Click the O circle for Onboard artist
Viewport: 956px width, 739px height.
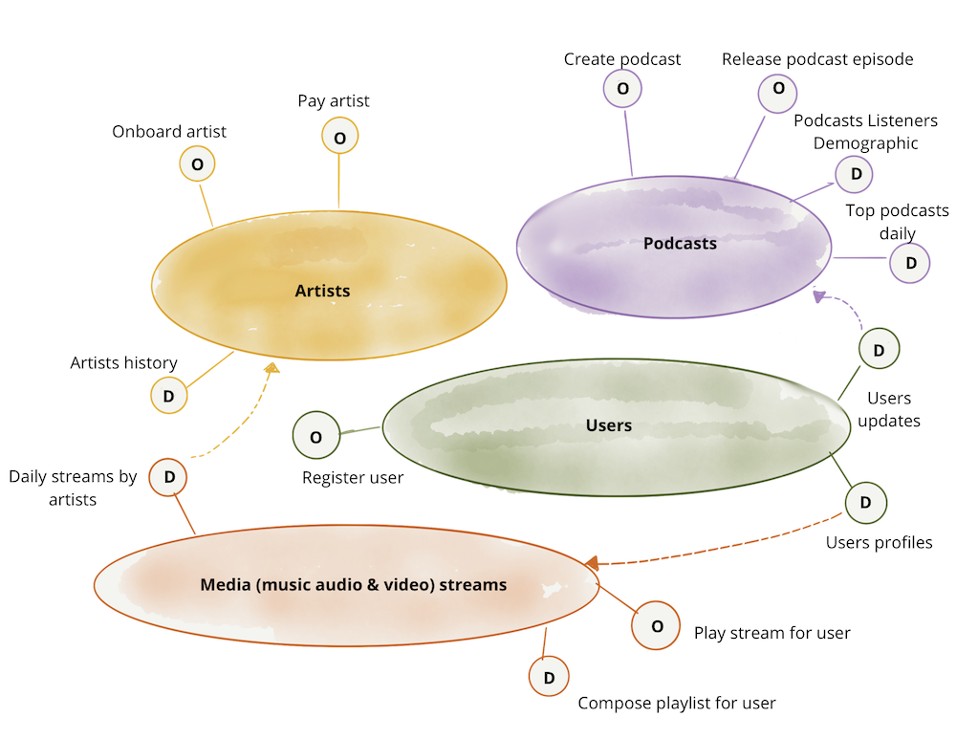pos(197,164)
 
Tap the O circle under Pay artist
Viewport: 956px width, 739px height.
pos(339,137)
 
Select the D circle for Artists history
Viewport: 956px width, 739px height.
pos(169,396)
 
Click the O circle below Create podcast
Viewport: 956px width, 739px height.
pos(622,89)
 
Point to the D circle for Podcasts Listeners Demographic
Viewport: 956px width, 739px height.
pos(855,174)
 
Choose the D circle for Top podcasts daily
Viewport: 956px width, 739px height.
pos(910,263)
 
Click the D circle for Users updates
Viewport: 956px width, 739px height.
pos(880,348)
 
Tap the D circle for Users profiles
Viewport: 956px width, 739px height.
pos(866,503)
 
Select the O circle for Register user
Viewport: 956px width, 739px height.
pos(315,438)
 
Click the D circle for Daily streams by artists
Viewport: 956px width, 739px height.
pos(169,477)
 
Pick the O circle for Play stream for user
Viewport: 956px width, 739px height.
pos(656,626)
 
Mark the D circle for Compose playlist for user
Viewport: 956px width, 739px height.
pos(549,678)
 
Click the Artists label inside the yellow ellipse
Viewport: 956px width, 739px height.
pos(322,291)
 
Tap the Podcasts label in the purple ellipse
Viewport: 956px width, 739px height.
pos(680,244)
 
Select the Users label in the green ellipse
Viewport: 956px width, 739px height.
pos(609,425)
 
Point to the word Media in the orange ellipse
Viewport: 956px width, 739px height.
pos(226,584)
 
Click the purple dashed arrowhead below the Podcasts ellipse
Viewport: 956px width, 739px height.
pos(818,296)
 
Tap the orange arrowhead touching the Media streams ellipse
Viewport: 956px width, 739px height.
pos(592,563)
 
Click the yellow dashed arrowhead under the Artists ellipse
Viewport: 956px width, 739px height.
pos(272,368)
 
